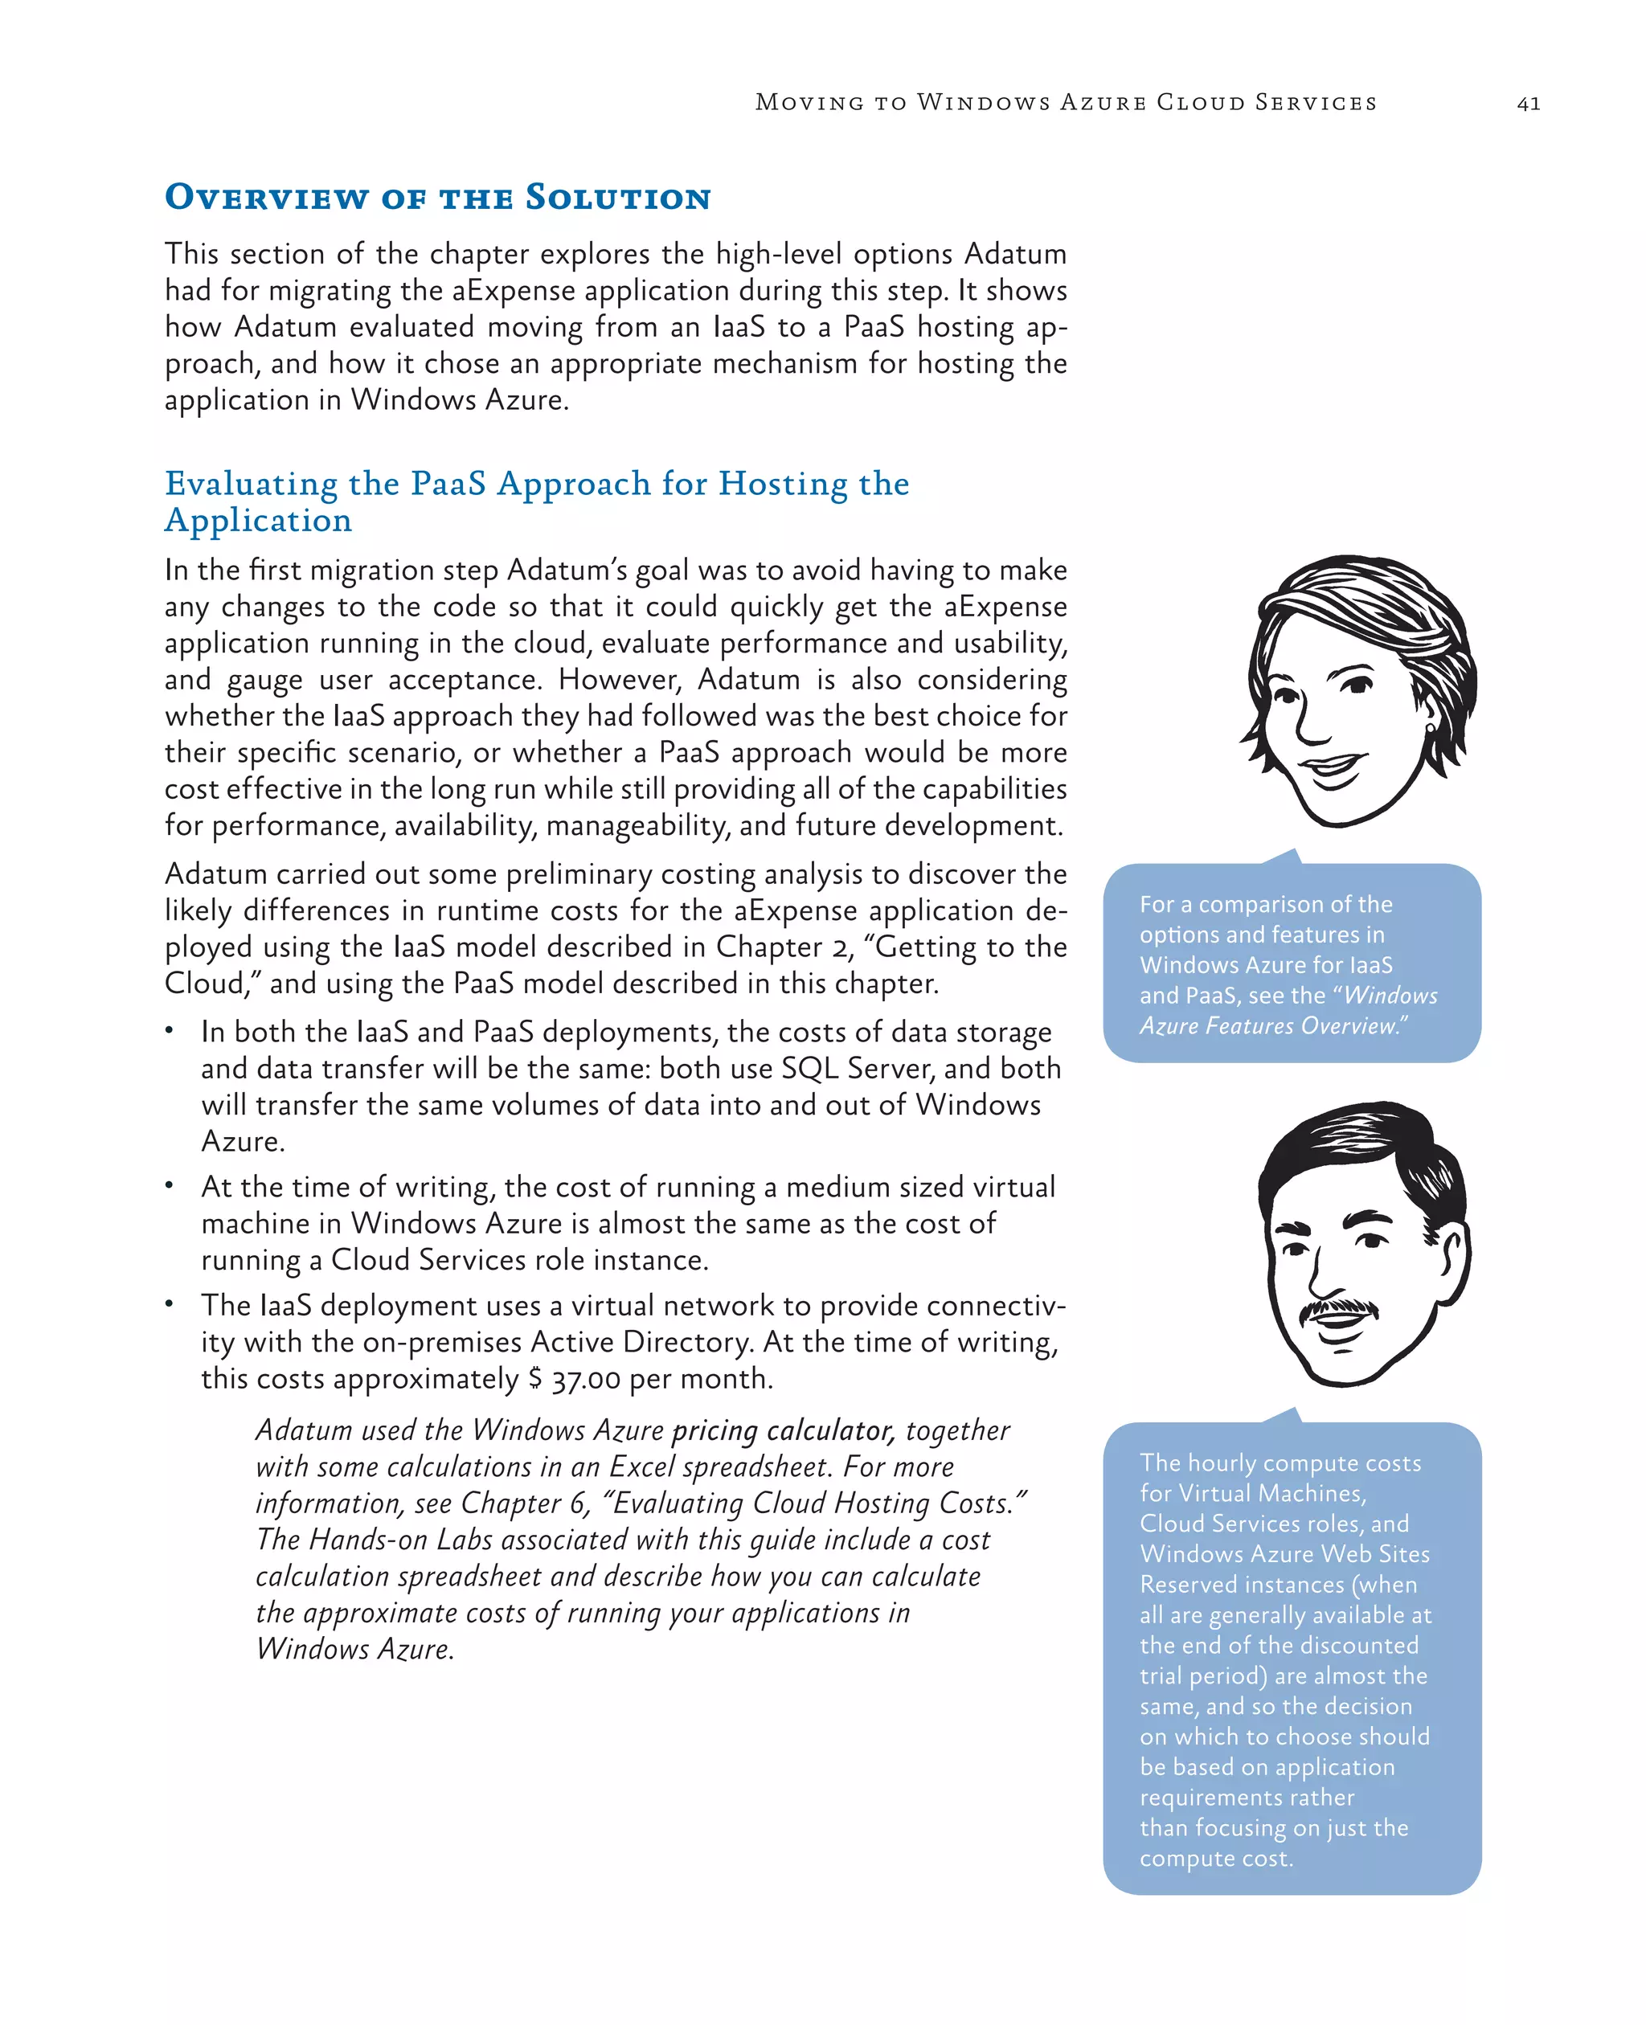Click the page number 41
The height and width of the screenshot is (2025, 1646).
tap(1529, 104)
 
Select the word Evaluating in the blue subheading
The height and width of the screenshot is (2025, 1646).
tap(250, 484)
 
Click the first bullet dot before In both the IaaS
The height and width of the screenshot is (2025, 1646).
tap(170, 1029)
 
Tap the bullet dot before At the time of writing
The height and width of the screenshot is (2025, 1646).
tap(170, 1185)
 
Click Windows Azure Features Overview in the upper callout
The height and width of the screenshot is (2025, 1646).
tap(1287, 1012)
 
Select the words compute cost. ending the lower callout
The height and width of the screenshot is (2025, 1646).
tap(1215, 1858)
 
